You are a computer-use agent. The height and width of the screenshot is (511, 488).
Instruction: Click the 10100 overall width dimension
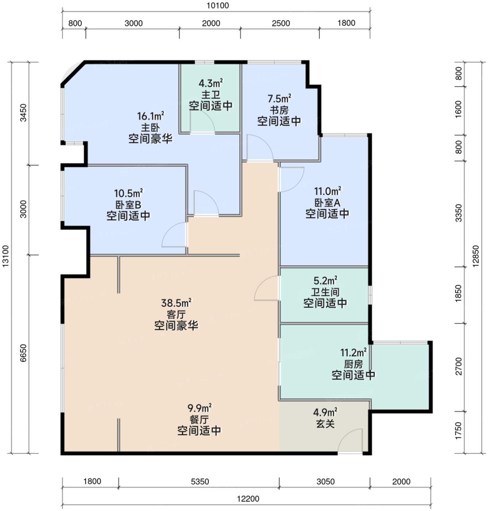(218, 5)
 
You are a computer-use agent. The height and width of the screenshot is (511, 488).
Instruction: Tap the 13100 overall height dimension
(5, 256)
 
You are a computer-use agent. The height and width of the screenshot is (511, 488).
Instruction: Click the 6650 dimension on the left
(23, 353)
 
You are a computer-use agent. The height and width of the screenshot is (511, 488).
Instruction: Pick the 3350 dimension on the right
(458, 213)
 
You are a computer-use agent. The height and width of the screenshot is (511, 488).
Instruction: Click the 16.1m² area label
(150, 116)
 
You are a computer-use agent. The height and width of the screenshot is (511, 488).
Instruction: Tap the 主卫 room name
(211, 95)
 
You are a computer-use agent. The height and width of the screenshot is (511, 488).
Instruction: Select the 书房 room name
(279, 110)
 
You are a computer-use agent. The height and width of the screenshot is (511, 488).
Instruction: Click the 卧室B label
(128, 204)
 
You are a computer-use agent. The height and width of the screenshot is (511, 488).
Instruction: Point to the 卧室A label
(327, 203)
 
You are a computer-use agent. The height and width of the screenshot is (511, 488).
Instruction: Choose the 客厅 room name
(176, 314)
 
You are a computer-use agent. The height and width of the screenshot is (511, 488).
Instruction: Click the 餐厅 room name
(199, 419)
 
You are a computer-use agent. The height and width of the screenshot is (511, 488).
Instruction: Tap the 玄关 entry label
(325, 423)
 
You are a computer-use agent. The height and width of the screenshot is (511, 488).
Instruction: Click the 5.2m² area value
(326, 281)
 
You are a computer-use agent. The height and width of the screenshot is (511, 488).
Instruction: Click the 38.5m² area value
(176, 303)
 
